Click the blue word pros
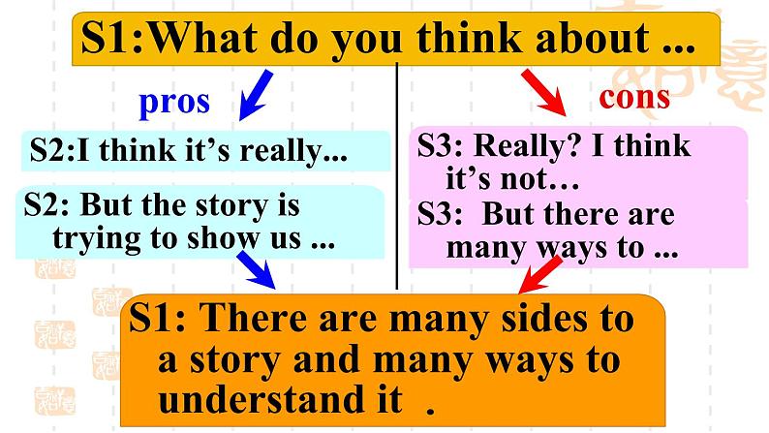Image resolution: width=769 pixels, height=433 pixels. [x=174, y=102]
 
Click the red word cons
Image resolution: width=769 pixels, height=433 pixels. [x=634, y=97]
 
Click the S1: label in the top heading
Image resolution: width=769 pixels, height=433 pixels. [x=116, y=39]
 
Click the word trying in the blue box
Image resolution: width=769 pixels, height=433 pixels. [x=94, y=238]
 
